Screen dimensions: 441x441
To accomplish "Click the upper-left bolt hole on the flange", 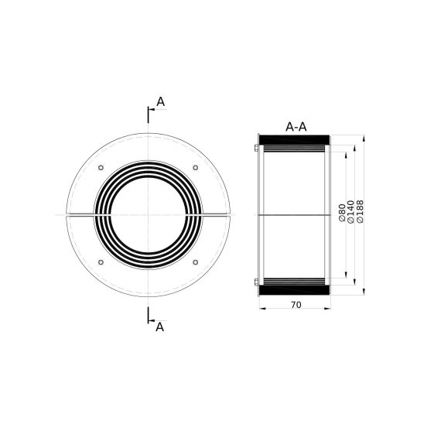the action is point(101,168).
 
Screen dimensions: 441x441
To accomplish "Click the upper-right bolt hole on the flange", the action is point(196,168).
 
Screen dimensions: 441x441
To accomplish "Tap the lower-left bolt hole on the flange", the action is point(101,262).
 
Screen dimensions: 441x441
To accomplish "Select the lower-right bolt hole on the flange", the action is point(196,262).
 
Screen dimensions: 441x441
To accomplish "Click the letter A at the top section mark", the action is point(161,102).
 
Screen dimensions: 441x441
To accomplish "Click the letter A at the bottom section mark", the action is point(159,327).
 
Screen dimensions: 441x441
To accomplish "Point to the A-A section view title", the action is point(296,127).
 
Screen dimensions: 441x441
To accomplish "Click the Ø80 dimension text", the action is point(342,213).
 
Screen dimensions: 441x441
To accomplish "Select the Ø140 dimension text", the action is point(350,212).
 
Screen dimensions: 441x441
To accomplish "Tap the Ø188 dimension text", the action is point(360,211).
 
